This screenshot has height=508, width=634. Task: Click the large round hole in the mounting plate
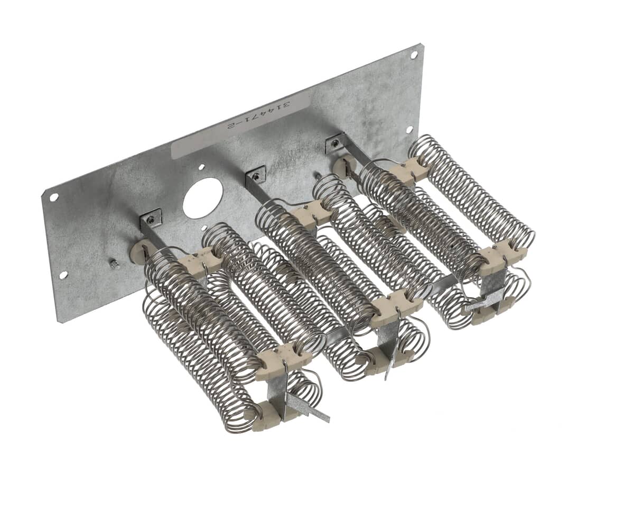(200, 198)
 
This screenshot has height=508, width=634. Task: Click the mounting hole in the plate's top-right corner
(414, 55)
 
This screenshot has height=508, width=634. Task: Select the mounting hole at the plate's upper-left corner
(53, 197)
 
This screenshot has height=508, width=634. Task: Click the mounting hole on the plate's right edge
(409, 130)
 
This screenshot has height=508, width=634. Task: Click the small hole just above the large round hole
(201, 167)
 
